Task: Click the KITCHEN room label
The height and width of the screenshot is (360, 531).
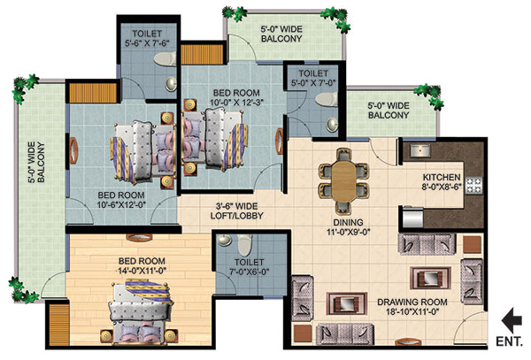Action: point(442,177)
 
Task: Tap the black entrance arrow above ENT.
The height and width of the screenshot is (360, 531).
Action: point(512,320)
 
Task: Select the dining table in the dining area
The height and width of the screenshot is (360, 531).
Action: point(343,182)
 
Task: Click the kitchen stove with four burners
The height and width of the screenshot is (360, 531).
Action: point(473,185)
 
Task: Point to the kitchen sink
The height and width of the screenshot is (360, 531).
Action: point(420,150)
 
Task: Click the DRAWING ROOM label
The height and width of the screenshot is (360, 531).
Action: point(412,302)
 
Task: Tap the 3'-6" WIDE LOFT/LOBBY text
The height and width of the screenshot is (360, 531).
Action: point(236,211)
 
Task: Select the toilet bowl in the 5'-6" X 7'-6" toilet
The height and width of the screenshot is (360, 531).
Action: point(165,58)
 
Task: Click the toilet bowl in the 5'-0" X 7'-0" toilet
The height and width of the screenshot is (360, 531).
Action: point(327,99)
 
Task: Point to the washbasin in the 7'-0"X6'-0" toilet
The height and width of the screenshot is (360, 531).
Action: point(224,240)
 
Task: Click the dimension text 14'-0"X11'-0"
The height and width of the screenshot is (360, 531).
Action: point(142,271)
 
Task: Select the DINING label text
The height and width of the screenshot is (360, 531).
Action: point(348,223)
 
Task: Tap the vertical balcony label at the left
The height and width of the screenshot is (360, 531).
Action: point(36,163)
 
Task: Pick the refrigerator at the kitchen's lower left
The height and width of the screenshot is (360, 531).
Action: point(412,217)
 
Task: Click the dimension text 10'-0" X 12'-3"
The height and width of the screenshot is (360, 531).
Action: point(236,103)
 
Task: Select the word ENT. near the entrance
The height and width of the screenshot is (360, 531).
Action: point(510,341)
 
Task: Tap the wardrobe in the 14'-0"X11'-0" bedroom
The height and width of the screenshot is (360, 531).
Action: point(59,325)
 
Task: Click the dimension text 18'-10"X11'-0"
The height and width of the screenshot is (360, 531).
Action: point(412,311)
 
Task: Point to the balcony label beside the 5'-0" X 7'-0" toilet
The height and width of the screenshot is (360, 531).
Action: point(389,111)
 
